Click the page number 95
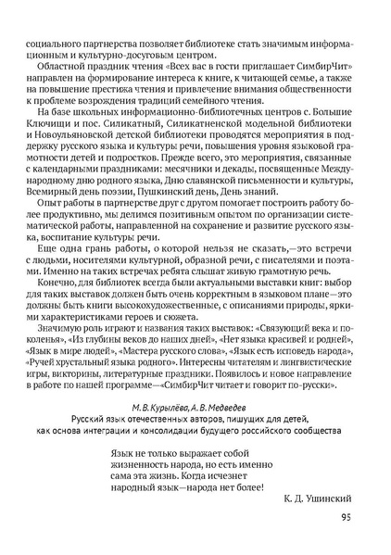345,518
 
